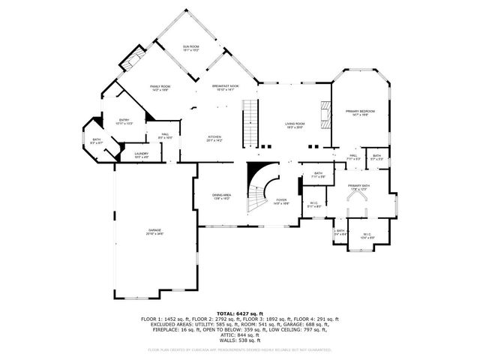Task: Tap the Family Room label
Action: coord(160,88)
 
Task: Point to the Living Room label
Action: coord(294,125)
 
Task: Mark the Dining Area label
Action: coord(221,196)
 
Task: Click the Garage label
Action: coord(154,232)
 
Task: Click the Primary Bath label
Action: coord(358,187)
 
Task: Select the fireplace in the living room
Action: coord(324,115)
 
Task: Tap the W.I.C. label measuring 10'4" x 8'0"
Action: coord(367,235)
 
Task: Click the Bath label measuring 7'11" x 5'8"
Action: coord(318,175)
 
